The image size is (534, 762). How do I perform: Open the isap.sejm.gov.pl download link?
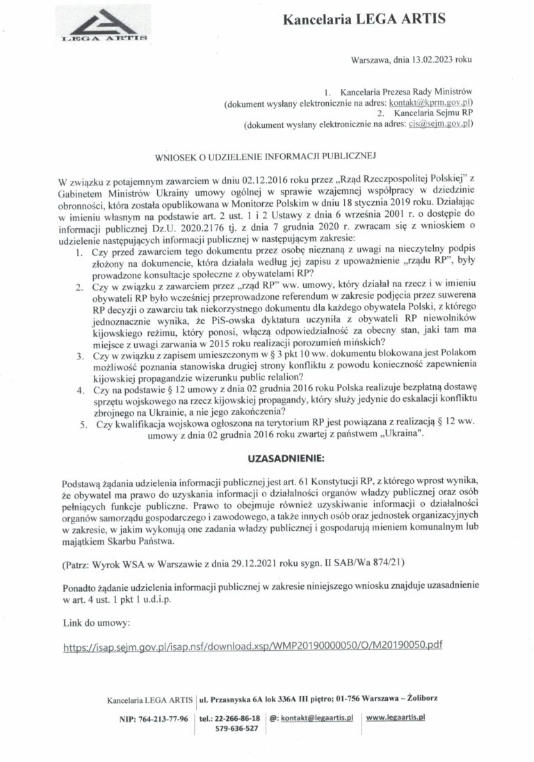coord(252,645)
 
